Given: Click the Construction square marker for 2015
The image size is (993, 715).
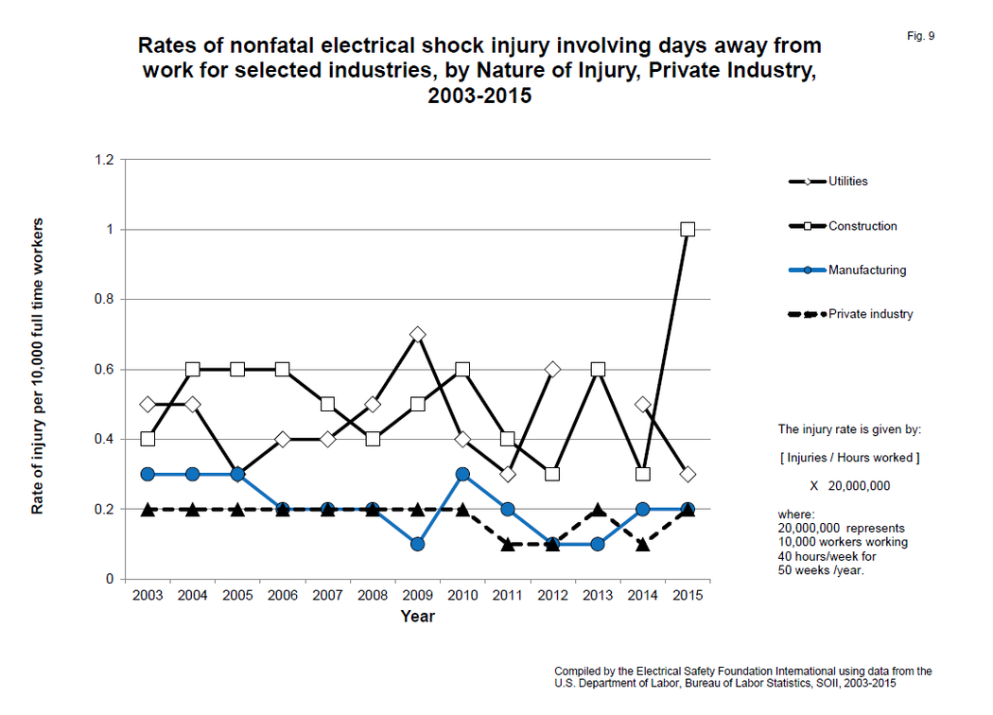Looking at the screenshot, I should (688, 229).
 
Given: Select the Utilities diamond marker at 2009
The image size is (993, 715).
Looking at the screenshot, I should (417, 334).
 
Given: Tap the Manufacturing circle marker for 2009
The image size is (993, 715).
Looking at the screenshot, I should (417, 544).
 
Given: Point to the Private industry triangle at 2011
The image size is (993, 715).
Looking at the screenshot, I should (507, 544).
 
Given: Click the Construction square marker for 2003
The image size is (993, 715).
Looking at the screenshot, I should (148, 439).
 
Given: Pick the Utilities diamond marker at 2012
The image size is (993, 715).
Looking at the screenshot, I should (552, 369).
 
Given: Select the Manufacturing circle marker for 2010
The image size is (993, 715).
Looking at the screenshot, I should (462, 474).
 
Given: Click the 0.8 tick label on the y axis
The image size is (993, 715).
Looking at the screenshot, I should (104, 299).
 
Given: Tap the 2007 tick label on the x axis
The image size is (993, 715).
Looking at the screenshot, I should (327, 596).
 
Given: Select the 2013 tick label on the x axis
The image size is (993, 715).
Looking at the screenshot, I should (598, 596).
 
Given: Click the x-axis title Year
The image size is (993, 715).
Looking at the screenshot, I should (417, 617).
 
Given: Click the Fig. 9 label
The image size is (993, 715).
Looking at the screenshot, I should (920, 36).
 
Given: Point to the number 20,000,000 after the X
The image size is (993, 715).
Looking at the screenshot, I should (859, 485).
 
